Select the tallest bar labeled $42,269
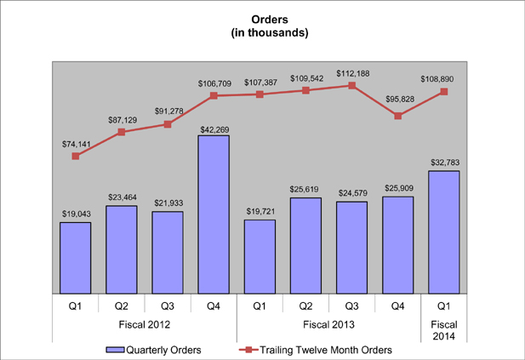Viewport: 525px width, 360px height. pos(214,214)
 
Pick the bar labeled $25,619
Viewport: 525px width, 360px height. pos(305,245)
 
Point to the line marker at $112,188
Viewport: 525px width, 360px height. pos(351,85)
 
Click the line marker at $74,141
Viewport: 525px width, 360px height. pos(76,156)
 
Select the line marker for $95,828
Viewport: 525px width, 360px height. pos(398,116)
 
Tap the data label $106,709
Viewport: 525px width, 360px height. pos(214,83)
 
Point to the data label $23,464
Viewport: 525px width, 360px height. pos(122,197)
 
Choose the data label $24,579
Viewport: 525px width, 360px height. pos(351,192)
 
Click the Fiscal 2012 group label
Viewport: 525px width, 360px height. pos(145,324)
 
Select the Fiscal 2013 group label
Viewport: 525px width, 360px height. pos(328,324)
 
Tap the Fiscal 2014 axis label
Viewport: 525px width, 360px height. pos(444,329)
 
